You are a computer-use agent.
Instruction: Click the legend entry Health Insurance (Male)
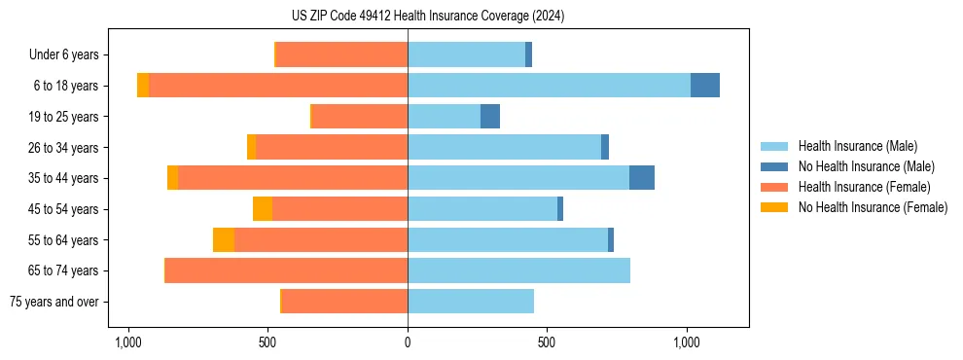point(857,146)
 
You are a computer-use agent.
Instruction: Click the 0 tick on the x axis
point(408,343)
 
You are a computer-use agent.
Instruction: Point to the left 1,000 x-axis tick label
point(127,343)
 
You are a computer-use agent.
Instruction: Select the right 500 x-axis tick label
point(547,343)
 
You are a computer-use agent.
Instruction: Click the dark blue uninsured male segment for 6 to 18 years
point(705,86)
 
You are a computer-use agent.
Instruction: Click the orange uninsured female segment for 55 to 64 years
point(224,239)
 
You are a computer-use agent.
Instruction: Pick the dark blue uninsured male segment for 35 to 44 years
point(642,178)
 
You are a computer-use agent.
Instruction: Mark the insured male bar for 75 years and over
point(471,302)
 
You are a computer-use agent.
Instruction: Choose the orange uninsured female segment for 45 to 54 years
point(263,209)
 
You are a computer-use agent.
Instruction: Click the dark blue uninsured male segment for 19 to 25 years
point(490,117)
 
